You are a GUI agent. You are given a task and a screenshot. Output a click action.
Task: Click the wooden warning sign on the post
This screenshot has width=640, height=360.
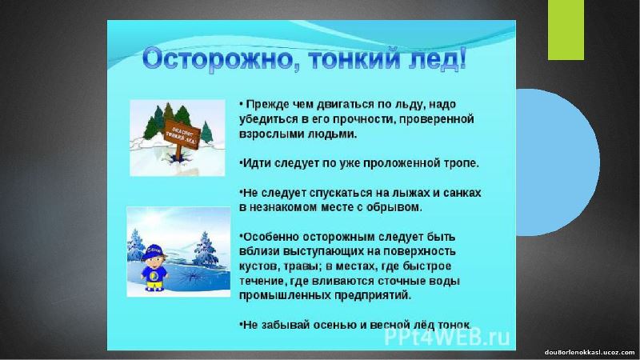click(x=182, y=133)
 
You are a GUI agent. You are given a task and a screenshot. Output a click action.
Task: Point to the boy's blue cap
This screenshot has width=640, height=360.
click(x=152, y=251)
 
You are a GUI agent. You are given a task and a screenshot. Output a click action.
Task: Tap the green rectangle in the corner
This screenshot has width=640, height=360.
click(x=566, y=30)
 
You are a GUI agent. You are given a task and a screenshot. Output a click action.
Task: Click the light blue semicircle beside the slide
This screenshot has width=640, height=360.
click(x=557, y=162)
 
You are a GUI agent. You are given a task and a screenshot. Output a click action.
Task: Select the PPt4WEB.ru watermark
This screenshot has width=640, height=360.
click(x=447, y=337)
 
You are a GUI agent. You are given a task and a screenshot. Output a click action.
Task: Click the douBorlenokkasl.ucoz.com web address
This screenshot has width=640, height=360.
click(x=590, y=352)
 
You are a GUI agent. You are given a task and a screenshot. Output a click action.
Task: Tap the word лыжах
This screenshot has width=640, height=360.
click(x=395, y=193)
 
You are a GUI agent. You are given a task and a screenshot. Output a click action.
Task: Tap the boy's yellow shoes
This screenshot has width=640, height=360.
click(x=154, y=288)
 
